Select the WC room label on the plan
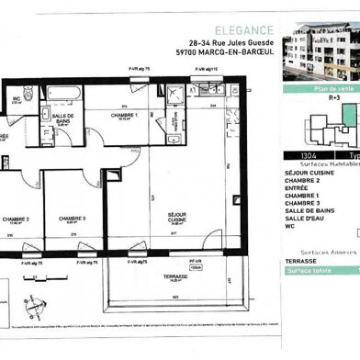point(17,97)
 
